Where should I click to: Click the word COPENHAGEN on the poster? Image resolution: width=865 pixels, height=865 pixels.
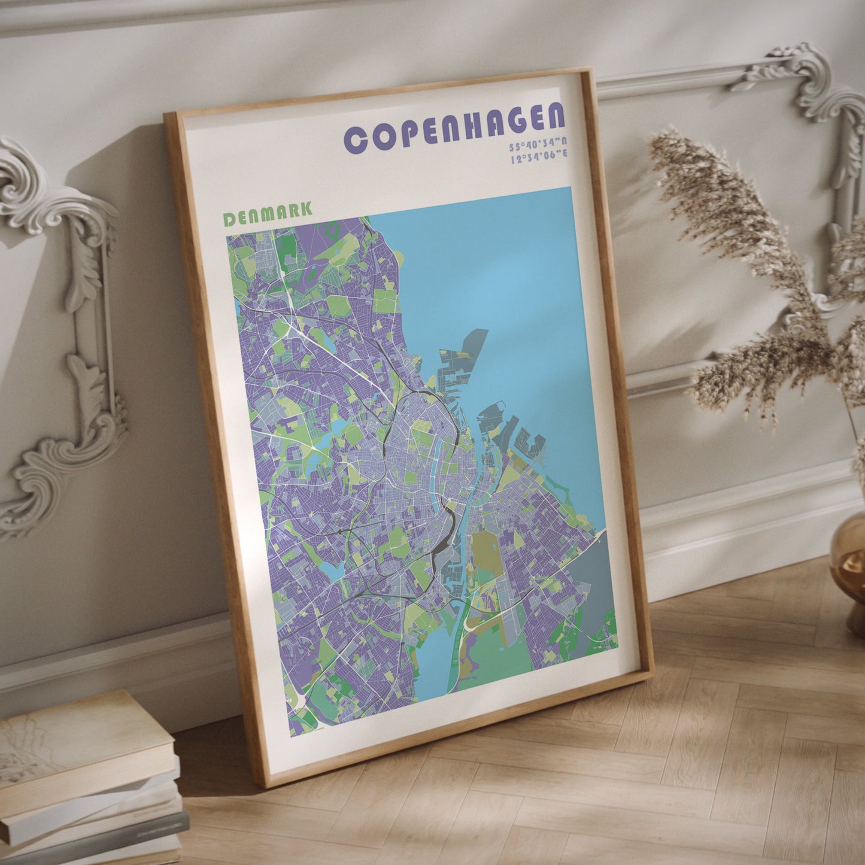(x=454, y=130)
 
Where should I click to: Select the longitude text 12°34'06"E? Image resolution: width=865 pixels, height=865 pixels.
(x=539, y=157)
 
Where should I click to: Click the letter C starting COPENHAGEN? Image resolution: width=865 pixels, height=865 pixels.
(x=356, y=141)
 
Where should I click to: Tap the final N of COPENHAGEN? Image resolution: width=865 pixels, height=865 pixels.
(x=555, y=116)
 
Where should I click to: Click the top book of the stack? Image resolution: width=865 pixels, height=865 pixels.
(x=84, y=742)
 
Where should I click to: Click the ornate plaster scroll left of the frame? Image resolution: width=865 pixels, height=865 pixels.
(x=66, y=335)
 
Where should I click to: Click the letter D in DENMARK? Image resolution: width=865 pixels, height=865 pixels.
(x=229, y=220)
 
